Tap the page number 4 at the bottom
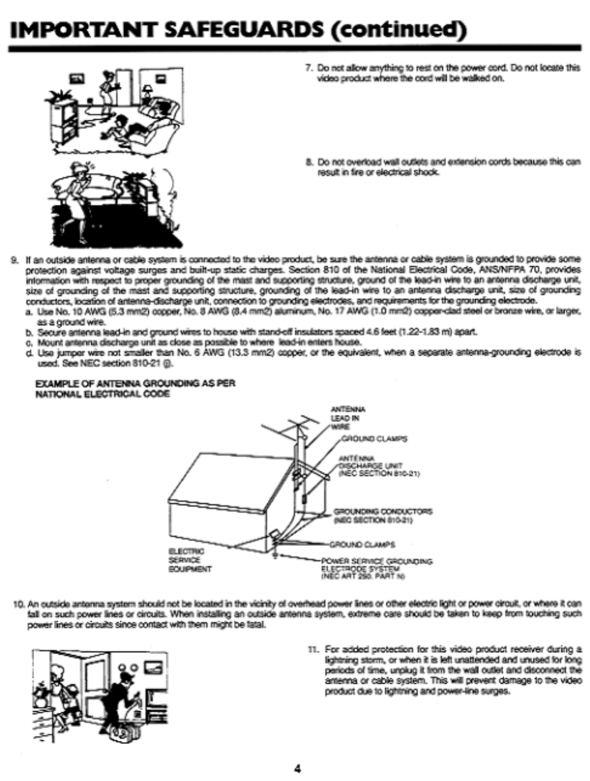(x=297, y=767)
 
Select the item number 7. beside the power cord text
(x=309, y=68)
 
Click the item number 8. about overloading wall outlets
(x=309, y=162)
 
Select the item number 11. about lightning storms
(x=313, y=649)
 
